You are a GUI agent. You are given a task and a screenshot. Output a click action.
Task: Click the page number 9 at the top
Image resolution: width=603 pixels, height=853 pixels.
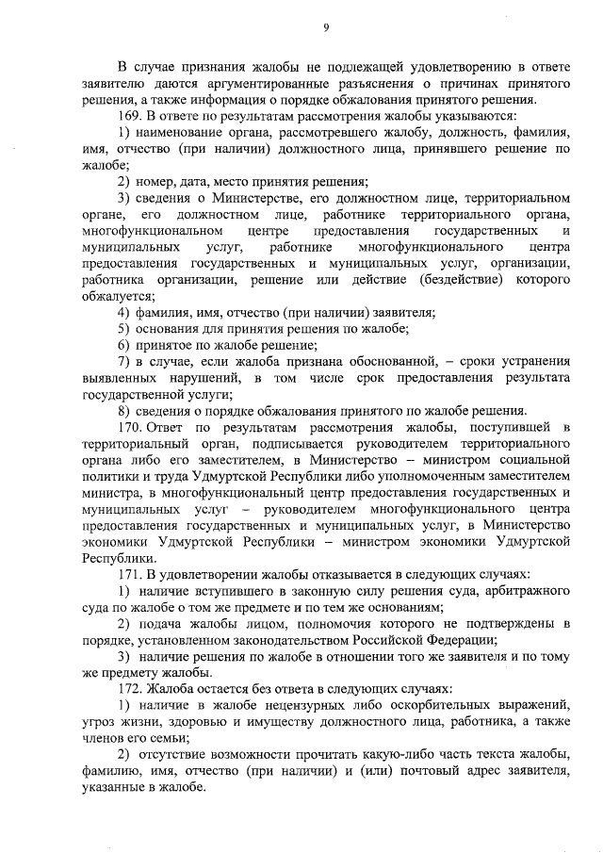(x=324, y=27)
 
